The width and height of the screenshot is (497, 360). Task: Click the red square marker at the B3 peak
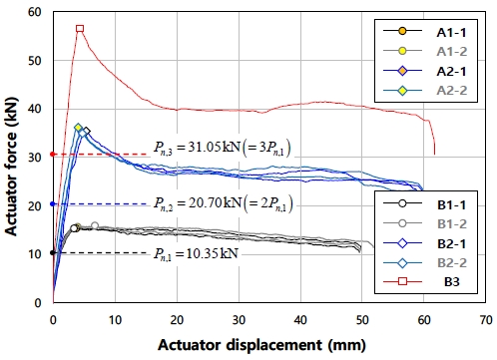pyautogui.click(x=80, y=29)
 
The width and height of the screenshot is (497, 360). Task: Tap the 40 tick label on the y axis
pyautogui.click(x=38, y=109)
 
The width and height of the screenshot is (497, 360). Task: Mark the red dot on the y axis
pyautogui.click(x=53, y=154)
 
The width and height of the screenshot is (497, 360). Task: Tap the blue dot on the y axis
pyautogui.click(x=53, y=203)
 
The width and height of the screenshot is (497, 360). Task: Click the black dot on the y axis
pyautogui.click(x=53, y=253)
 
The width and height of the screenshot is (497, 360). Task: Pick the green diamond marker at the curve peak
pyautogui.click(x=78, y=128)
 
